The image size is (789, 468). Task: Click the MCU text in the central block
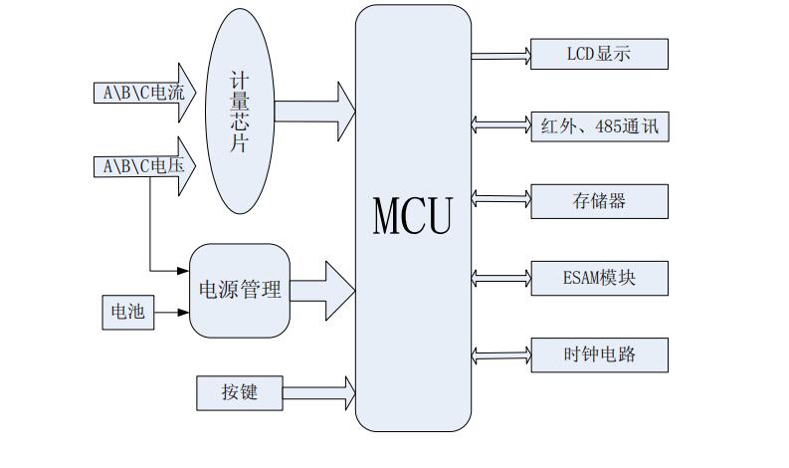coord(412,216)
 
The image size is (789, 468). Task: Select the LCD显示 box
coord(599,55)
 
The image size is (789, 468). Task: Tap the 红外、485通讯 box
coord(599,125)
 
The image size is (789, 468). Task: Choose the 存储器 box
coord(599,201)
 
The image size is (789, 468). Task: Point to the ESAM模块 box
coord(599,278)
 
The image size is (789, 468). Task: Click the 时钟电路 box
coord(599,355)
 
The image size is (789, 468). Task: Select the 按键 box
coord(240,392)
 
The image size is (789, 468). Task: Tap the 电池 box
coord(127,313)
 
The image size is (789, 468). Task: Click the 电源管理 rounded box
coord(240,290)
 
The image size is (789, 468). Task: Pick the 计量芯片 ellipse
coord(240,111)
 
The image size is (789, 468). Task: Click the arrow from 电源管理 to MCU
coord(324,291)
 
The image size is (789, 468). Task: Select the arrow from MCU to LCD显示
coord(500,55)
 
